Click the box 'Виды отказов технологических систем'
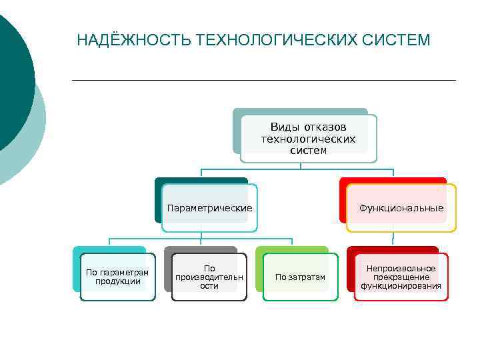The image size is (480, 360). pyautogui.click(x=308, y=139)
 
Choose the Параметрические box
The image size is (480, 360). pyautogui.click(x=209, y=208)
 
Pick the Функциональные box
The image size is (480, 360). pyautogui.click(x=401, y=208)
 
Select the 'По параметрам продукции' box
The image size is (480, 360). pyautogui.click(x=117, y=277)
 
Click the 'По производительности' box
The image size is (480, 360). pyautogui.click(x=209, y=277)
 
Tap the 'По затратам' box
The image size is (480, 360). pyautogui.click(x=300, y=277)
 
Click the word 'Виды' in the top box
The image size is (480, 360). pyautogui.click(x=285, y=127)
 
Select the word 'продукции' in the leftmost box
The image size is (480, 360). pyautogui.click(x=118, y=281)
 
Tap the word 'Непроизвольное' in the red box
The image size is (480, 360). pyautogui.click(x=401, y=269)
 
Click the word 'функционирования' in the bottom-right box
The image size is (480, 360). pyautogui.click(x=401, y=286)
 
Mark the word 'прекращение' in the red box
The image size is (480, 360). pyautogui.click(x=401, y=277)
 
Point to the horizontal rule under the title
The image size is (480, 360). pyautogui.click(x=263, y=80)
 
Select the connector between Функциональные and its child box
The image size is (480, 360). pyautogui.click(x=393, y=239)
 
